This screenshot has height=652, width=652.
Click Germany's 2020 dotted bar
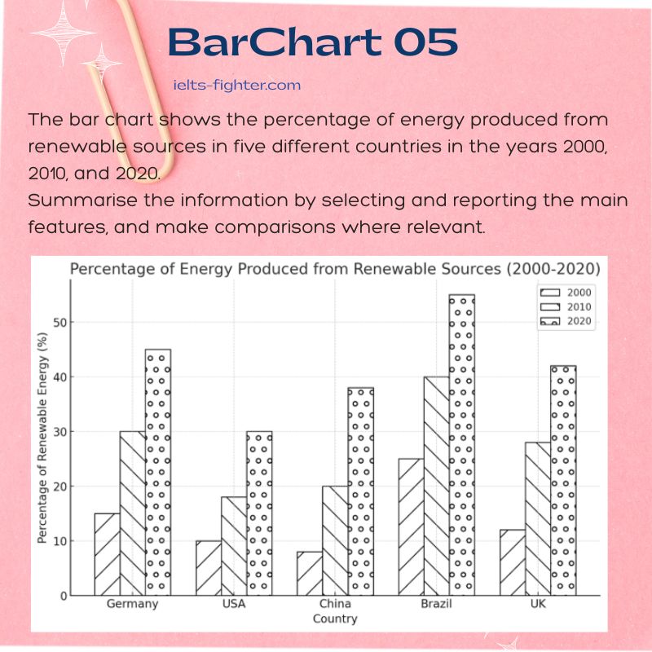(158, 473)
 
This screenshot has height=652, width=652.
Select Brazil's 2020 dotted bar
(462, 445)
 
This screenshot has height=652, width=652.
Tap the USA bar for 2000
(209, 568)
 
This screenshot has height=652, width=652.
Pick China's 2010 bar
(335, 541)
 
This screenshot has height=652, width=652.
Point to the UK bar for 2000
(513, 562)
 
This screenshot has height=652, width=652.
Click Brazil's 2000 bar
(412, 527)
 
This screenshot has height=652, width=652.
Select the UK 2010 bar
(538, 519)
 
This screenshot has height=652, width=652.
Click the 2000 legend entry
(566, 293)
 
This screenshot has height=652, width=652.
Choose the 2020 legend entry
(566, 321)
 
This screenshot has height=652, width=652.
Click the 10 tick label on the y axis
(60, 541)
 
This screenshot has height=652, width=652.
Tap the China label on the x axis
(335, 604)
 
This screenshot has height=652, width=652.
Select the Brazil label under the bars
(436, 604)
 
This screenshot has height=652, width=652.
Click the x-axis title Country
(335, 619)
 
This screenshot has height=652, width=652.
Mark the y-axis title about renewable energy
(42, 438)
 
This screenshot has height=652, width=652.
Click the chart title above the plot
(335, 270)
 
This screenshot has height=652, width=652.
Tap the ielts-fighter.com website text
(237, 86)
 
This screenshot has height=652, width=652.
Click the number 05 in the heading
(425, 42)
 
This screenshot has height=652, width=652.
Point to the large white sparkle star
(64, 33)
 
